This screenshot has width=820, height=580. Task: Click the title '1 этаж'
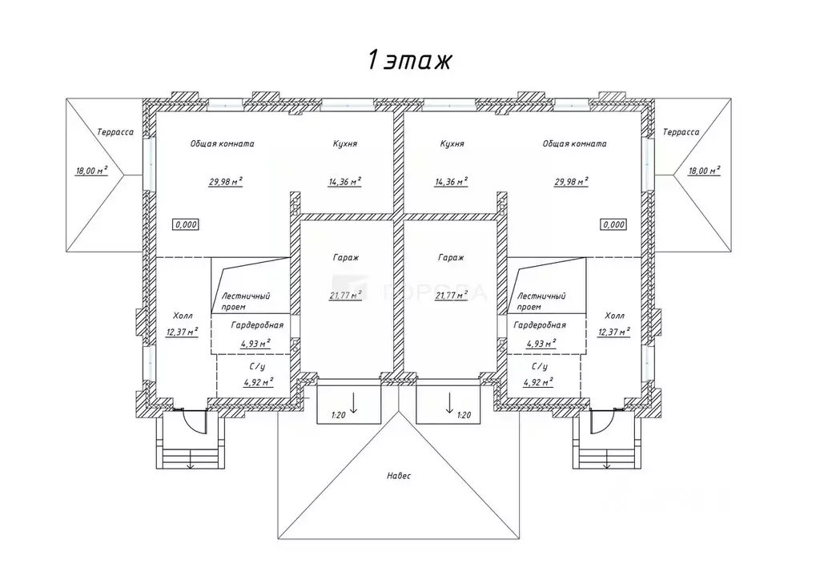(x=410, y=60)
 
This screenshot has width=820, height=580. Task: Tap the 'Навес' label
(x=399, y=476)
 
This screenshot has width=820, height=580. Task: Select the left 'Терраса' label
(x=115, y=132)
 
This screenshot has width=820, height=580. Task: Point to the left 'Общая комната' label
(x=222, y=144)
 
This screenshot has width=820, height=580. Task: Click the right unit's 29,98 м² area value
(x=572, y=181)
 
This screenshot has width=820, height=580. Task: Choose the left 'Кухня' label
(x=345, y=144)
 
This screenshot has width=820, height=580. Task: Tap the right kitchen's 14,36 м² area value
(x=451, y=181)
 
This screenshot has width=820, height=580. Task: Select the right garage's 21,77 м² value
(x=451, y=294)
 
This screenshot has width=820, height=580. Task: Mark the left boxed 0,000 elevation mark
(x=186, y=225)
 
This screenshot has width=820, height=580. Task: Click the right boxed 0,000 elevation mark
(x=613, y=225)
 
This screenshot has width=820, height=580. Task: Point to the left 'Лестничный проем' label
(x=245, y=301)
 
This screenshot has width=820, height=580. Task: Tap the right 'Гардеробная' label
(x=540, y=325)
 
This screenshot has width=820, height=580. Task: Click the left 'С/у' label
(x=256, y=366)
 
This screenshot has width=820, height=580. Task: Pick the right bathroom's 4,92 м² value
(x=538, y=382)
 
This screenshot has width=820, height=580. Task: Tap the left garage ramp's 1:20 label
(x=340, y=415)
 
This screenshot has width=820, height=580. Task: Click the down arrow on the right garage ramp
(x=449, y=401)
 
